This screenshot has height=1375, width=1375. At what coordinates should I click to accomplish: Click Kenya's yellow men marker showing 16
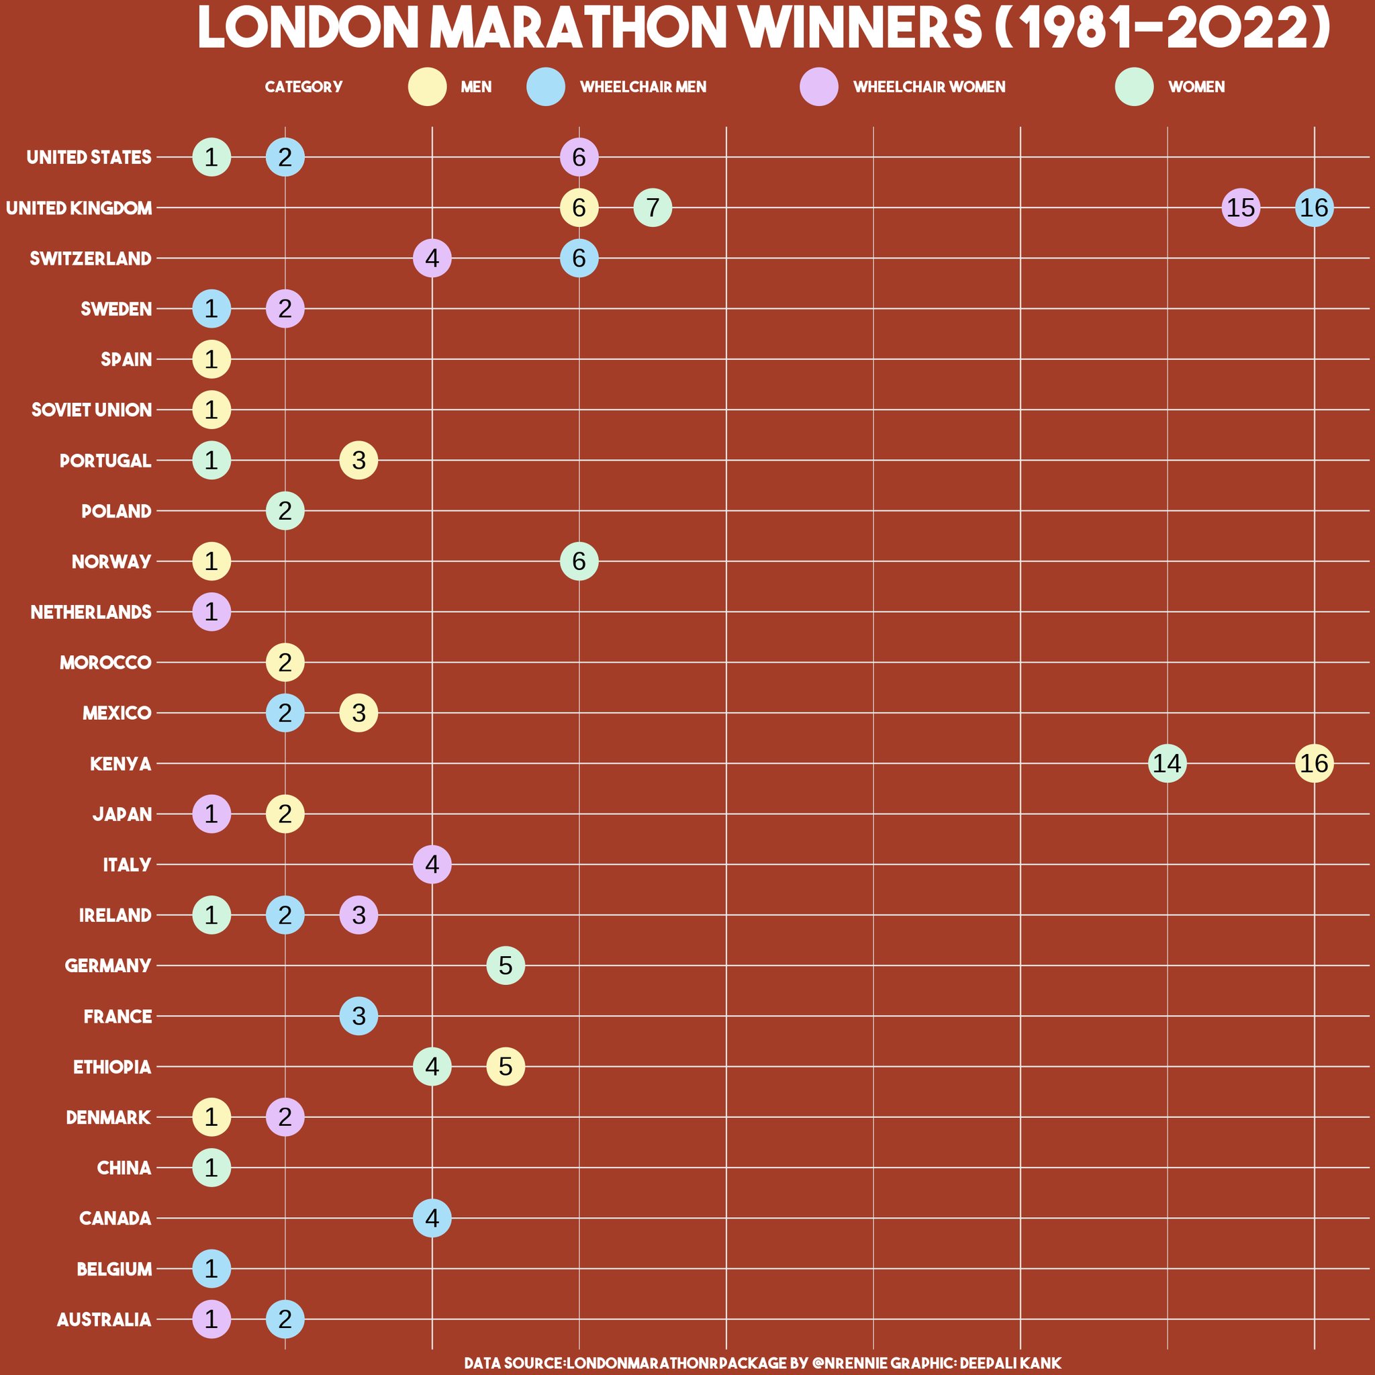[x=1314, y=763]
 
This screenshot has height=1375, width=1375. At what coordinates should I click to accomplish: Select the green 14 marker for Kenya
[x=1167, y=763]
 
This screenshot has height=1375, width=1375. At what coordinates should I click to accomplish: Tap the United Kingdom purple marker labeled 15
[x=1241, y=208]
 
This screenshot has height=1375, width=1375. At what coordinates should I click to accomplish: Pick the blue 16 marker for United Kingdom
[x=1314, y=208]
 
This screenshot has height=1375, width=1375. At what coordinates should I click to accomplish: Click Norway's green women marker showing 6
[x=579, y=561]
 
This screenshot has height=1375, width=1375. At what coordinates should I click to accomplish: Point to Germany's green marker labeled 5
[x=506, y=965]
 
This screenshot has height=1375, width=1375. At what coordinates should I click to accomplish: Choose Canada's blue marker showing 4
[x=432, y=1218]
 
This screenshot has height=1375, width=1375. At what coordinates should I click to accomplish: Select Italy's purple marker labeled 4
[x=432, y=864]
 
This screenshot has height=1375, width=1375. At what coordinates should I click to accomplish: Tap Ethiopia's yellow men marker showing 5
[x=506, y=1066]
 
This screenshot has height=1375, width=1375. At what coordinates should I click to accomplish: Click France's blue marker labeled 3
[x=359, y=1016]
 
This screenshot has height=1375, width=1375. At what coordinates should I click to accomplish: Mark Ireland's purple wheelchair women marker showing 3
[x=359, y=914]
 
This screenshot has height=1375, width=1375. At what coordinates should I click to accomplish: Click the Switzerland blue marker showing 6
[x=579, y=258]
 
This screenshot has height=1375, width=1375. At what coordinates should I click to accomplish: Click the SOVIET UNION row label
[x=91, y=410]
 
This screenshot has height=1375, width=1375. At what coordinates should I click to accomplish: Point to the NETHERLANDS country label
[x=91, y=612]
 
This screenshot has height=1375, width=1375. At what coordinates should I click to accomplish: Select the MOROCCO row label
[x=105, y=663]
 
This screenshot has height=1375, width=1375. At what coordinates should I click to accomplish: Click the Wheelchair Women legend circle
[x=819, y=87]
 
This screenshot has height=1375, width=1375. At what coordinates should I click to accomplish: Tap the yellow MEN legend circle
[x=427, y=87]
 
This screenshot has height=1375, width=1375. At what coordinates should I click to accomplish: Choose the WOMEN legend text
[x=1196, y=87]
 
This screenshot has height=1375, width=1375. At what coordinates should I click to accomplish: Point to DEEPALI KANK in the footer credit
[x=1010, y=1363]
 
